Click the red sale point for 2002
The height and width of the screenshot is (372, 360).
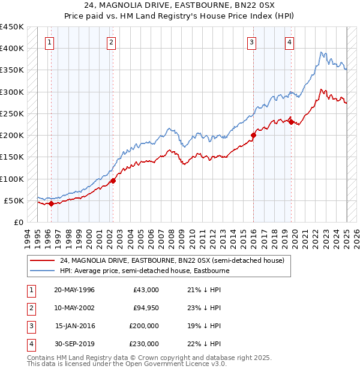tap(113, 180)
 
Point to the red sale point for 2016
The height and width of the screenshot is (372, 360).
tap(253, 135)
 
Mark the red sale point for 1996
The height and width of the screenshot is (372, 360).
tap(51, 203)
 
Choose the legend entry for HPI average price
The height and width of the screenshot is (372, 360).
tap(144, 271)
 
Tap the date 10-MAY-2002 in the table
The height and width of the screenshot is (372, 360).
tap(74, 308)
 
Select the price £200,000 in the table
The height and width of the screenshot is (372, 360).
tap(143, 326)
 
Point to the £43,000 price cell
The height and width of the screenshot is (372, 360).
tap(146, 290)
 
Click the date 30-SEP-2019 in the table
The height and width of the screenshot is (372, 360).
tap(74, 344)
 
